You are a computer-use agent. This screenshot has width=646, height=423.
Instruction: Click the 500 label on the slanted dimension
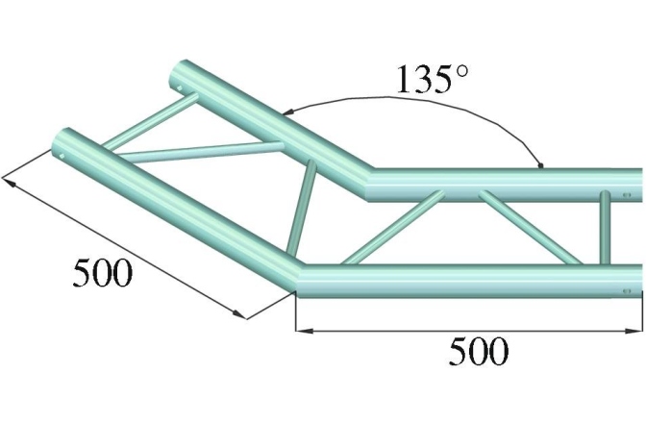click(101, 274)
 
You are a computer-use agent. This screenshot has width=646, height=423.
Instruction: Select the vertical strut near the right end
click(605, 227)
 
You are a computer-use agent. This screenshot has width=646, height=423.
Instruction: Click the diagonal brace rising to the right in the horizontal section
click(389, 230)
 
